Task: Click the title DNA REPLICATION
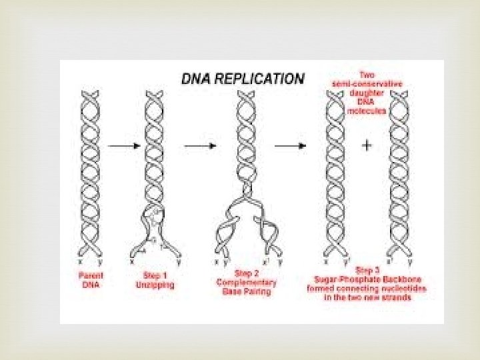coord(243,79)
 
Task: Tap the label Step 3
coord(367,271)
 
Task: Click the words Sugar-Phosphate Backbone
coord(367,279)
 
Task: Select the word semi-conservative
coord(367,83)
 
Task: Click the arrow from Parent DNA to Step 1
coord(119,146)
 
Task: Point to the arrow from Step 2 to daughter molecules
coord(291,146)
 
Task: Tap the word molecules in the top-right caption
coord(367,110)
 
